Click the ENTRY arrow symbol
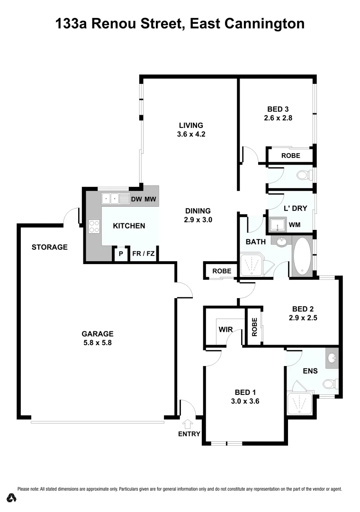pos(189,424)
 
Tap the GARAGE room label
pos(97,333)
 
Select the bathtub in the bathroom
pos(301,257)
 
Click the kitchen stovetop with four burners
pos(93,226)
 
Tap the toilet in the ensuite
pos(329,383)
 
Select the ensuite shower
pos(299,403)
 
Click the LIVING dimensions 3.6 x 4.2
pos(191,134)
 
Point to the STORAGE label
pos(50,247)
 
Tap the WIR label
pos(225,329)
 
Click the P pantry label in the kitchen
pos(121,254)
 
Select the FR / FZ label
pos(143,254)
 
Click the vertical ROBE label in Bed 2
pos(254,327)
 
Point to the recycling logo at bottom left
pos(12,497)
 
